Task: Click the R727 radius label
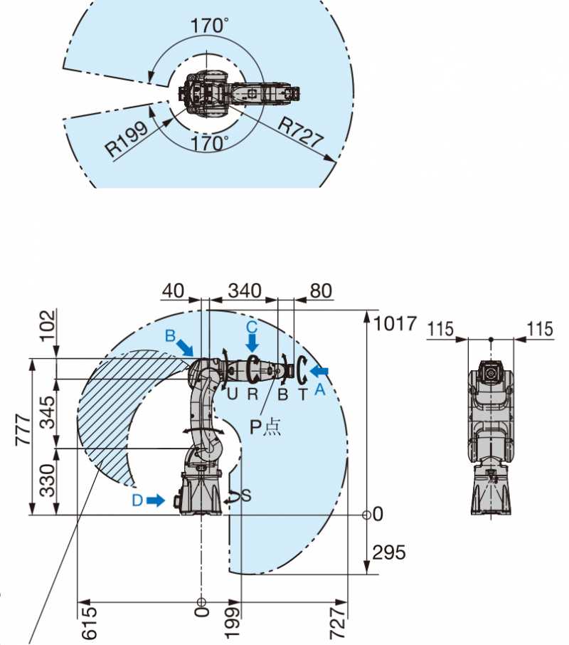coord(301,132)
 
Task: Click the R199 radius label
coord(127,139)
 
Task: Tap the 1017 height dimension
coord(395,324)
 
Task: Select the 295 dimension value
coord(388,552)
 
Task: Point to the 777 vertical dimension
coord(23,430)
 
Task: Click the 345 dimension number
coord(48,412)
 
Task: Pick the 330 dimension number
coord(48,481)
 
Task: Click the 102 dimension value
coord(48,325)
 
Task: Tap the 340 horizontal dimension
coord(245,291)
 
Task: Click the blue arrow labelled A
coord(319,372)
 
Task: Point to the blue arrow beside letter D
coord(155,500)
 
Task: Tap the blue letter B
coord(170,336)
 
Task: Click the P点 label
coord(265,427)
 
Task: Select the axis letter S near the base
coord(246,495)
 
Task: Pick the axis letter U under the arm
coord(232,394)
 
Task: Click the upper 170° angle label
coord(209,26)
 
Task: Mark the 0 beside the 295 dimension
coord(378,514)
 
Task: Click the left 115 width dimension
coord(441,330)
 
